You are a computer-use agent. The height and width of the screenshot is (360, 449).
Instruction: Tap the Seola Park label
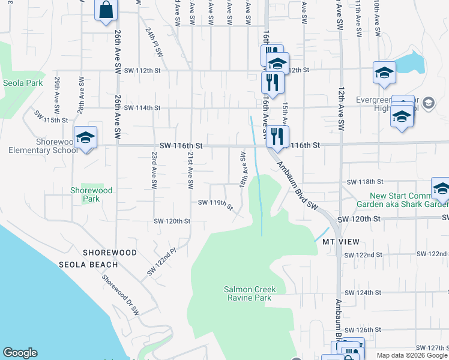coord(22,83)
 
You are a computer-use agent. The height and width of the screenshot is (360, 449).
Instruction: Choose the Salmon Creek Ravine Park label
coord(248,293)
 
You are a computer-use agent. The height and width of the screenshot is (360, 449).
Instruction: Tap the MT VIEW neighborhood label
coord(340,242)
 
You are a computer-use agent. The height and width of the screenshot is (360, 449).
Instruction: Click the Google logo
coord(20,353)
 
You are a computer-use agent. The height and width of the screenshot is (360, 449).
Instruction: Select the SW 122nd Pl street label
coord(161,263)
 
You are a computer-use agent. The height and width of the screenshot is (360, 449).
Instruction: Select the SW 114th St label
coord(142,108)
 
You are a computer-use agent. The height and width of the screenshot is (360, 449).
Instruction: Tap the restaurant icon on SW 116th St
coord(277,136)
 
